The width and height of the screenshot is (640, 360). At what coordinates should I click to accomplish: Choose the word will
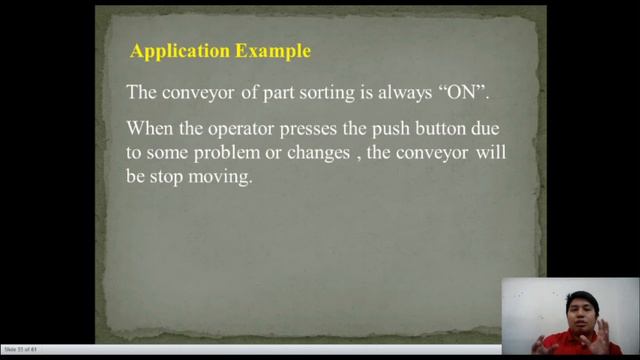[x=482, y=155]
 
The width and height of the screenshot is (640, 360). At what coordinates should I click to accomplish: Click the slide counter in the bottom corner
[x=21, y=349]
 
